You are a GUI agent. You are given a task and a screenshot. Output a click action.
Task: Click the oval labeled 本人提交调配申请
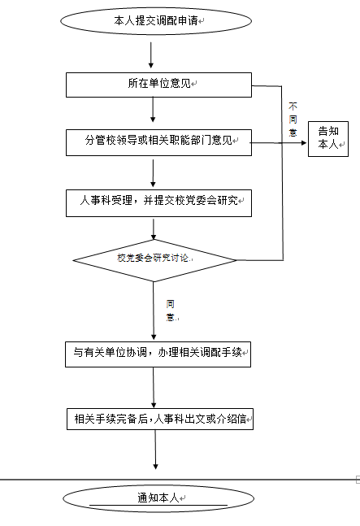click(156, 21)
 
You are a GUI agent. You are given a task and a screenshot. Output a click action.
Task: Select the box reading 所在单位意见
click(158, 85)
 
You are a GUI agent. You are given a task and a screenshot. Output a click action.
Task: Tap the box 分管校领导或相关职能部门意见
click(158, 142)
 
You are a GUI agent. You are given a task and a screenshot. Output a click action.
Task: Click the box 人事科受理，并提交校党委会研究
click(158, 203)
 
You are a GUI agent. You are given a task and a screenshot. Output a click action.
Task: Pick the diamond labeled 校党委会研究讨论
click(155, 260)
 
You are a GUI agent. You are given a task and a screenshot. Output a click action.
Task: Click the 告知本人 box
click(328, 139)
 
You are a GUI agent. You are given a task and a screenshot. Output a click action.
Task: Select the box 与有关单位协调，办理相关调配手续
click(158, 354)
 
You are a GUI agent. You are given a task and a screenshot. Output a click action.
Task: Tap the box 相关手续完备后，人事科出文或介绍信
click(160, 419)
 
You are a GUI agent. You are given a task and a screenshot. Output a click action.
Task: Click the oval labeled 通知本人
click(158, 498)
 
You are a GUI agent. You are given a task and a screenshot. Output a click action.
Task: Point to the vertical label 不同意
click(293, 120)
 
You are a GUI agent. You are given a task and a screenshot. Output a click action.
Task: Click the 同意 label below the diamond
click(171, 311)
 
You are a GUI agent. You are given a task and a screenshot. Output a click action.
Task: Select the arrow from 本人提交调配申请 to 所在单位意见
click(151, 55)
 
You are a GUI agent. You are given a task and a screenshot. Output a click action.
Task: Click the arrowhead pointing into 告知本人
click(304, 143)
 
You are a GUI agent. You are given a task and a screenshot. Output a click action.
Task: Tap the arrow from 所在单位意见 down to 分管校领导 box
click(153, 110)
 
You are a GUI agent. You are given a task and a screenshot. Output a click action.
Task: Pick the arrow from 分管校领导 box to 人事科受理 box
click(154, 173)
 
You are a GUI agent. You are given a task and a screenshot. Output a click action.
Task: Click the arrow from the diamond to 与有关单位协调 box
click(154, 311)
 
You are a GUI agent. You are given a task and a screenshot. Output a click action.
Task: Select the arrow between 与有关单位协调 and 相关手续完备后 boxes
click(154, 388)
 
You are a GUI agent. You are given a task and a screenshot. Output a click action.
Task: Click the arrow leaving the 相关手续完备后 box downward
click(155, 450)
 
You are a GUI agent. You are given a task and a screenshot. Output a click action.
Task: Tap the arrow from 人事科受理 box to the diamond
click(154, 229)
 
